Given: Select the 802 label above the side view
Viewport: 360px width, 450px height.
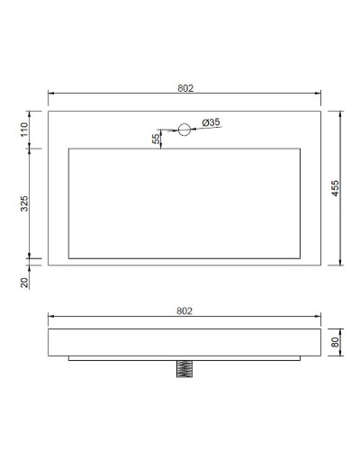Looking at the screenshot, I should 184,310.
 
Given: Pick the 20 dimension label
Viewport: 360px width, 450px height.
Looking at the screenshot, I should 24,281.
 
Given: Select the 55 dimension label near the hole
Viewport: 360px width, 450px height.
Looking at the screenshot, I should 156,138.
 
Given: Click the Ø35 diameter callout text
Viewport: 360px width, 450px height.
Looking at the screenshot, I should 212,121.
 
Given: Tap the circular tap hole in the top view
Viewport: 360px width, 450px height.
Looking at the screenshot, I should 184,130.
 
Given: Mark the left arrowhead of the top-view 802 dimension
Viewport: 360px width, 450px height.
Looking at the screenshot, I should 50,94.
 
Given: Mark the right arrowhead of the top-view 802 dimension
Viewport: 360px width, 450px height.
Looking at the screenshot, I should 319,94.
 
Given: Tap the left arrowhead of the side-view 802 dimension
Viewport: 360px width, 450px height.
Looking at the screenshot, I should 50,317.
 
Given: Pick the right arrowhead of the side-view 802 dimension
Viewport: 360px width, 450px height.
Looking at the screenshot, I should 319,317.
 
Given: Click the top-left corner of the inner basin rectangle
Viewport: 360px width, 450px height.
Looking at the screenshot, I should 69,148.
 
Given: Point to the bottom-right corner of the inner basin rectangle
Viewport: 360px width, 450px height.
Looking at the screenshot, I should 301,258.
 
